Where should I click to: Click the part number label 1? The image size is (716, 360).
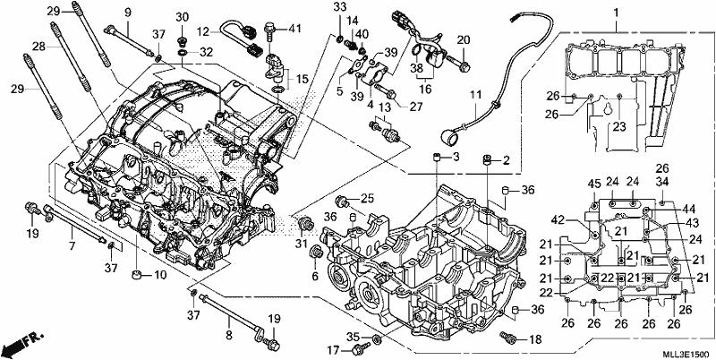(x=616, y=13)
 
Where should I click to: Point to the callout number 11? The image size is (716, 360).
(x=476, y=96)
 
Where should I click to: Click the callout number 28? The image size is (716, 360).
(x=38, y=46)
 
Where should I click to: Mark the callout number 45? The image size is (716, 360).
(x=593, y=184)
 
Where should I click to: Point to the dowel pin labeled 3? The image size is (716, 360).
(x=436, y=158)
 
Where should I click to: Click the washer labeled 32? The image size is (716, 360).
(x=182, y=54)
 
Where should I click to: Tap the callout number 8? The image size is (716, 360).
(x=229, y=335)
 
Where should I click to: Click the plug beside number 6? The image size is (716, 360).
(x=315, y=252)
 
